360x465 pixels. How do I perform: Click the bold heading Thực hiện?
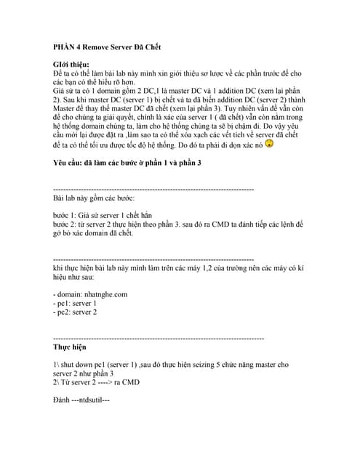[70, 347]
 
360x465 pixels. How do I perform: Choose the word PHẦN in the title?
[67, 47]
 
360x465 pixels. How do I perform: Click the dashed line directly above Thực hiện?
[159, 339]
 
